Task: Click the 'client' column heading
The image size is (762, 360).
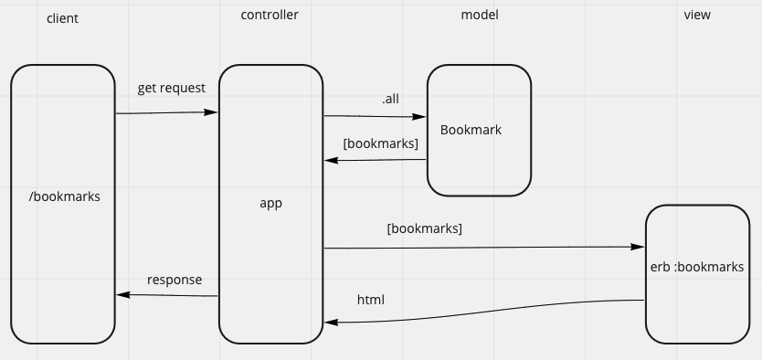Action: coord(62,18)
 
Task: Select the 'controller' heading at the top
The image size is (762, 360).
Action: coord(270,15)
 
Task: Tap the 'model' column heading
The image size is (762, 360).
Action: coord(479,15)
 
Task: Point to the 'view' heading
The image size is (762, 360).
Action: coord(696,15)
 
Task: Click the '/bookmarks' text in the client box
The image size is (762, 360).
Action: coord(65,196)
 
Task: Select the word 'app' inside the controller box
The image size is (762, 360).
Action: coord(270,204)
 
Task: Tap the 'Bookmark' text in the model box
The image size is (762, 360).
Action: coord(471,130)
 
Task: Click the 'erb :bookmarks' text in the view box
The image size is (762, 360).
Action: coord(696,268)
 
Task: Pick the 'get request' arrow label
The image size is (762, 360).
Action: coord(171,88)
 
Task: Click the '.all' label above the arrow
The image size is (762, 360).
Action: coord(390,98)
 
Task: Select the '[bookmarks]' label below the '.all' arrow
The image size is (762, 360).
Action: coord(380,143)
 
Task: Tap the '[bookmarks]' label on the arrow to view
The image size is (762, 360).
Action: coord(424,228)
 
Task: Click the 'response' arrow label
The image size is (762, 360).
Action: coord(175,280)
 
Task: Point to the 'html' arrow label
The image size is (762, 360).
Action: coord(370,300)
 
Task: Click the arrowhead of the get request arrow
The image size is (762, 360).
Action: coord(212,112)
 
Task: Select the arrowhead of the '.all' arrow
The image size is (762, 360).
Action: coord(421,117)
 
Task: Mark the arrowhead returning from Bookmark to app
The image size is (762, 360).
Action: coord(330,161)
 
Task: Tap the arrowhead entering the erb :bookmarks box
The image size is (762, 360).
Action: coord(639,248)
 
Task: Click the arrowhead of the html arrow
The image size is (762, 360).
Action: coord(330,323)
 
